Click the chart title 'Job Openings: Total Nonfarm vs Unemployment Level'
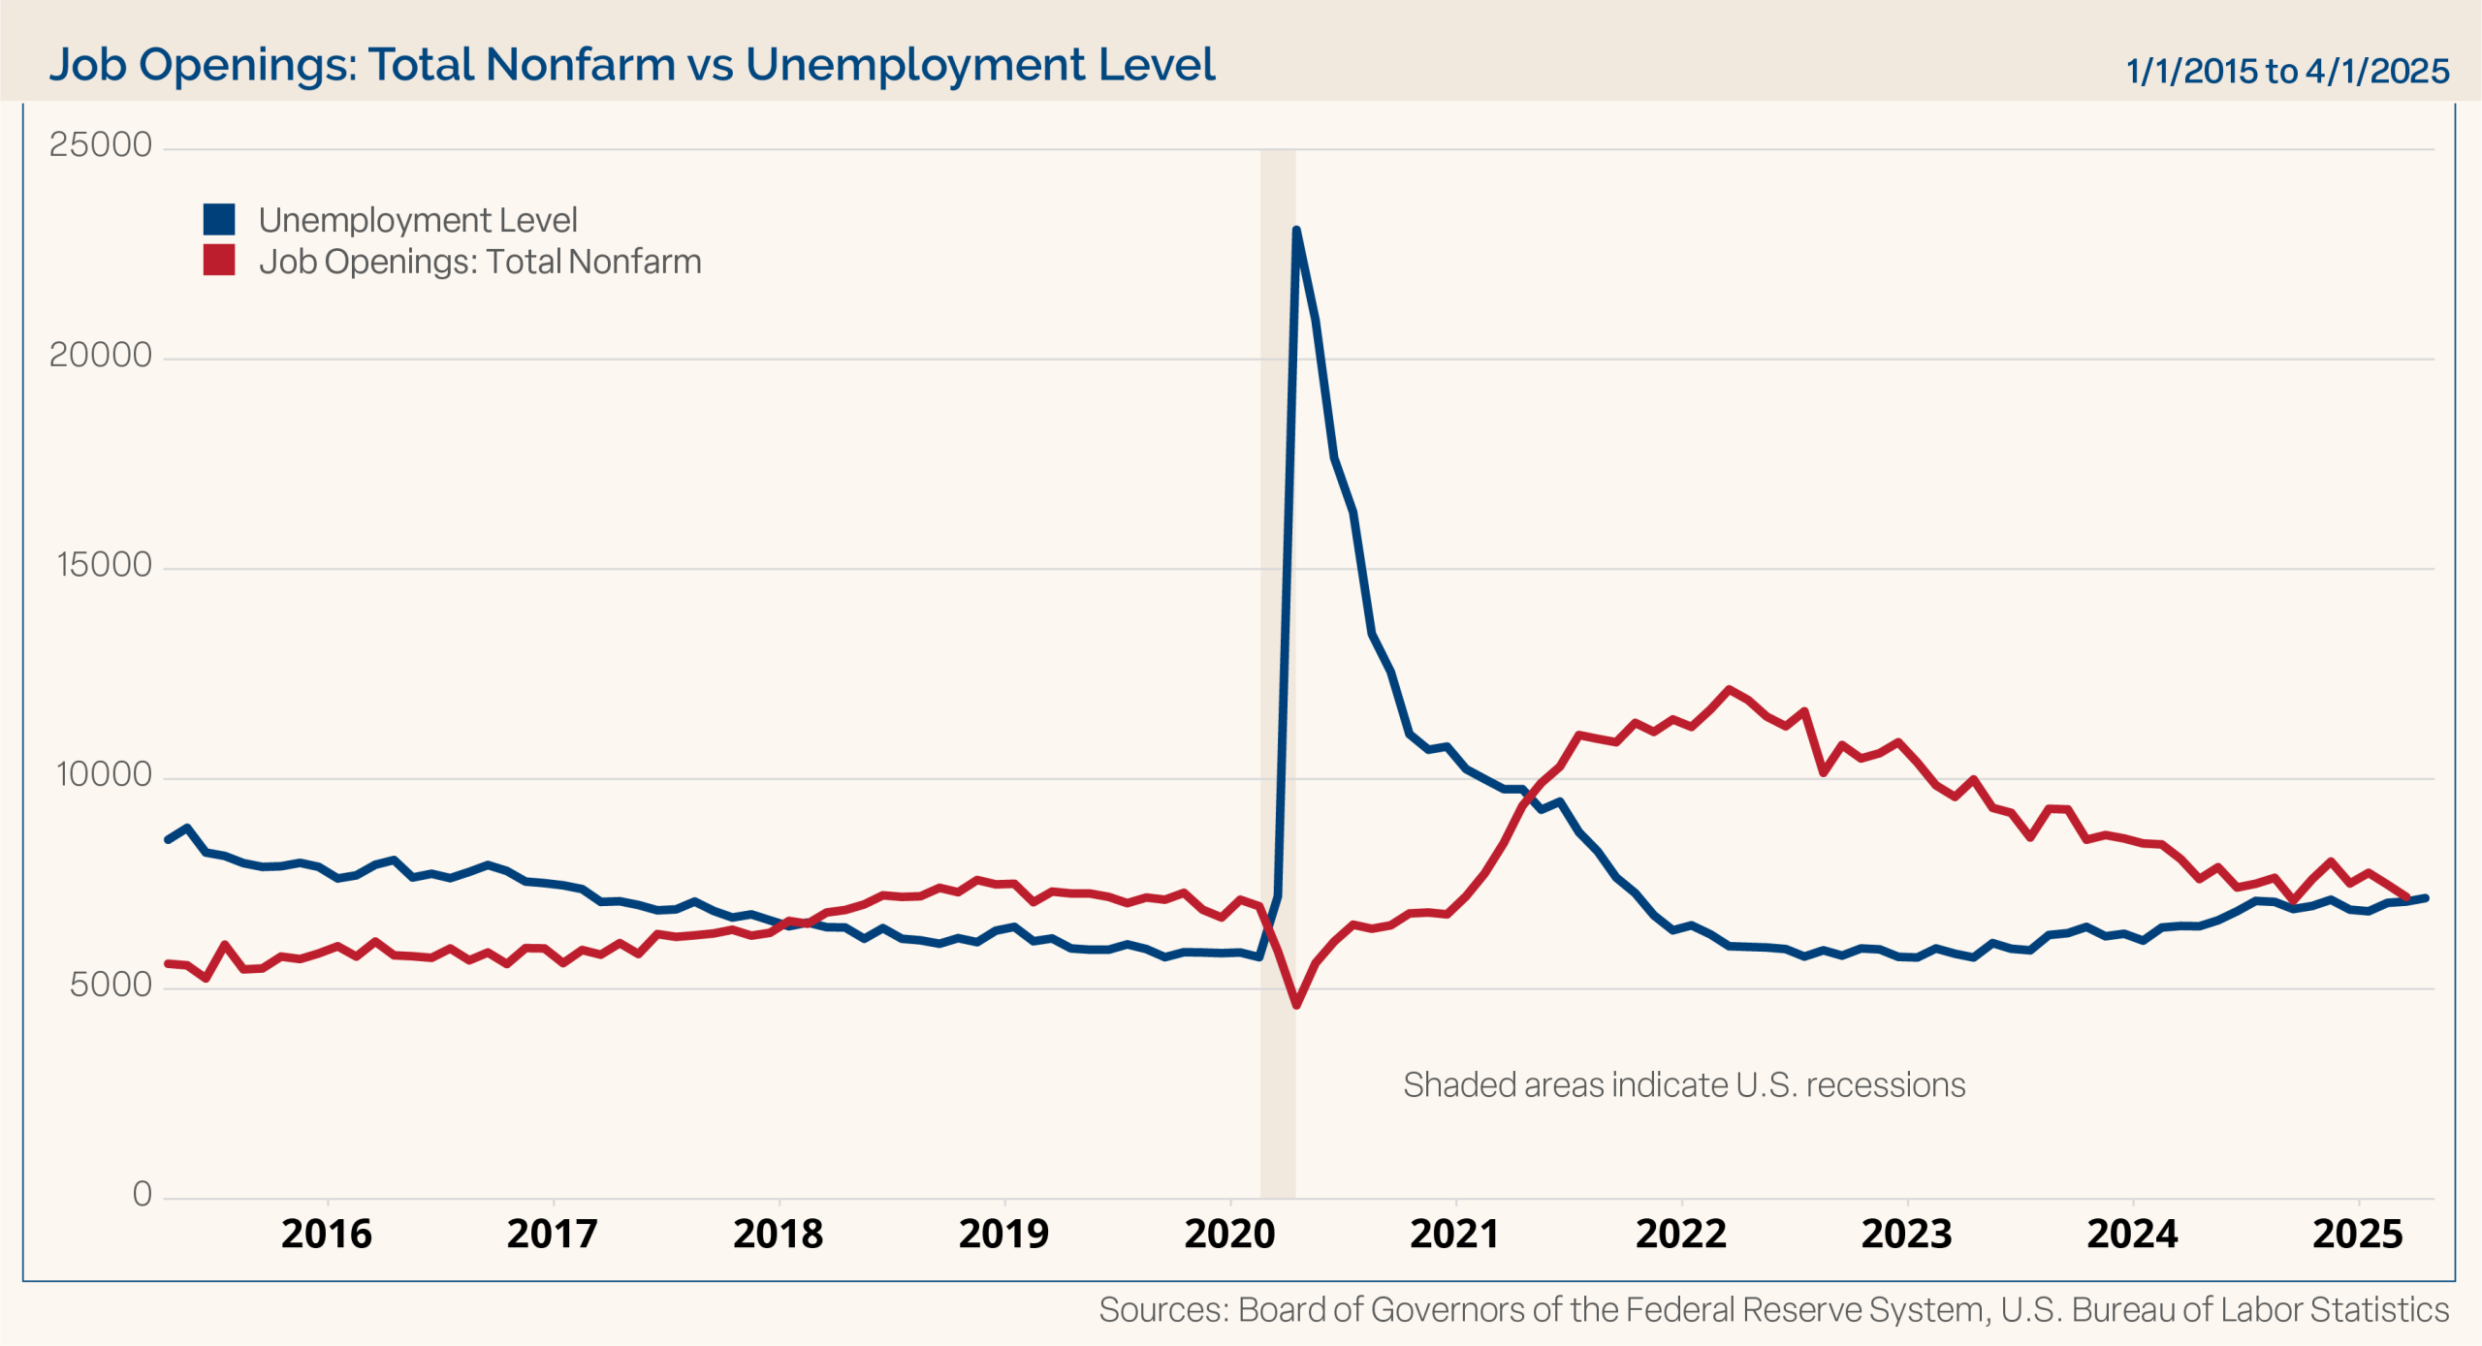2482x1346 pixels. pyautogui.click(x=631, y=65)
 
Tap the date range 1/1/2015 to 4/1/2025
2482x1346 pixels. pyautogui.click(x=2286, y=71)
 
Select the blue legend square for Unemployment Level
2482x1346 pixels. pyautogui.click(x=219, y=220)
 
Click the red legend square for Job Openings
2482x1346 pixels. pyautogui.click(x=219, y=261)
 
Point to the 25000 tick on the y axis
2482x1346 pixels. pyautogui.click(x=101, y=145)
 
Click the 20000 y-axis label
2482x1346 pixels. pyautogui.click(x=101, y=356)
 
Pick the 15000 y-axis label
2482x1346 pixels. pyautogui.click(x=105, y=565)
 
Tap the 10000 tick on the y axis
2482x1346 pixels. pyautogui.click(x=105, y=775)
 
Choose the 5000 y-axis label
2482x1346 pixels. pyautogui.click(x=111, y=986)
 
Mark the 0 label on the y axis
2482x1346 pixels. pyautogui.click(x=142, y=1195)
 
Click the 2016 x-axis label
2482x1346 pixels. pyautogui.click(x=327, y=1235)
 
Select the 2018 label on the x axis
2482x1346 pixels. pyautogui.click(x=779, y=1235)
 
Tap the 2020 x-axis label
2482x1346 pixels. pyautogui.click(x=1229, y=1235)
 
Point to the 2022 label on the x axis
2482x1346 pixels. pyautogui.click(x=1681, y=1235)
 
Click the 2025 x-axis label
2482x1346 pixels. pyautogui.click(x=2358, y=1235)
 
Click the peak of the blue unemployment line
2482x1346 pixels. pyautogui.click(x=1296, y=231)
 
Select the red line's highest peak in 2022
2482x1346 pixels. pyautogui.click(x=1729, y=689)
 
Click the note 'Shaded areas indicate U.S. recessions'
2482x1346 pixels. pyautogui.click(x=1684, y=1085)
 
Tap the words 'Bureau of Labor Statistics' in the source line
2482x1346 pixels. pyautogui.click(x=2259, y=1310)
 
